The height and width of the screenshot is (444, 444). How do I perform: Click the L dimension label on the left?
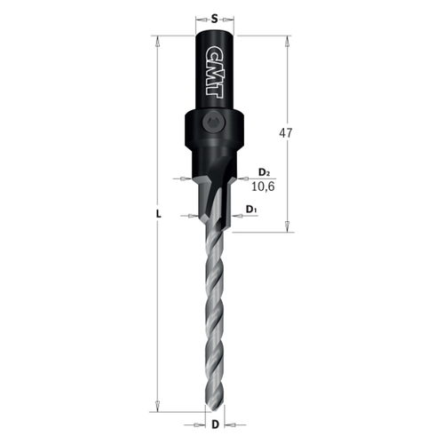157,215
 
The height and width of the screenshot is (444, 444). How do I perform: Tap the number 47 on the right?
286,133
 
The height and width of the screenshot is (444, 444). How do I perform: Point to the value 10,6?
264,186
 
